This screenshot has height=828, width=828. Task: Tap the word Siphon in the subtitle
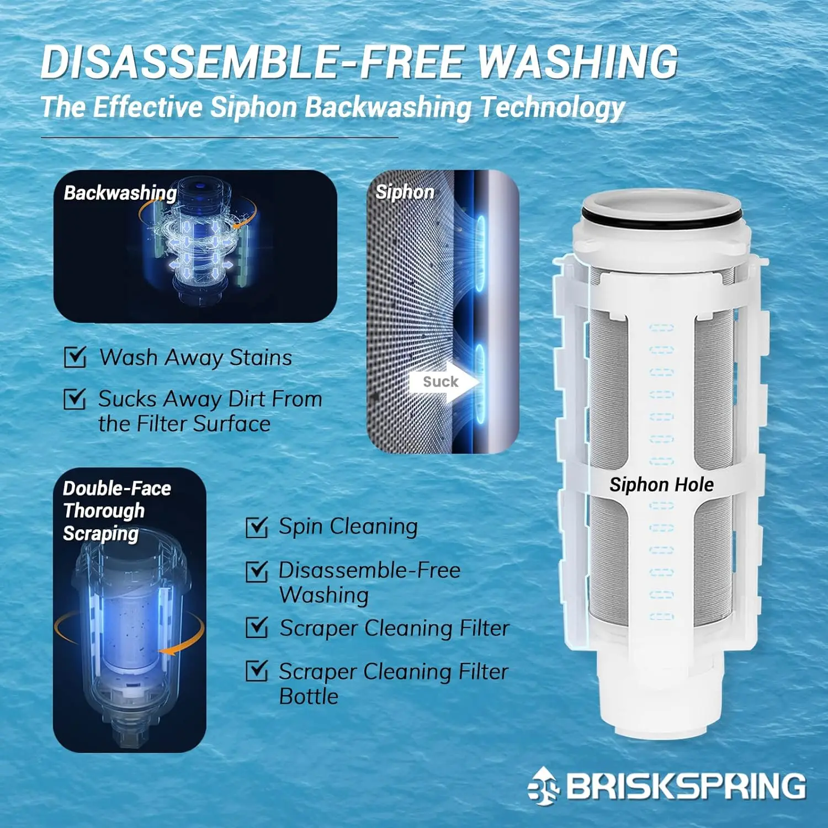click(x=254, y=107)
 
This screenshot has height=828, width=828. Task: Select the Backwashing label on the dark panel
click(x=120, y=193)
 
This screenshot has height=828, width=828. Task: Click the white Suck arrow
click(x=444, y=382)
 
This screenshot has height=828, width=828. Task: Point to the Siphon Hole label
click(x=661, y=485)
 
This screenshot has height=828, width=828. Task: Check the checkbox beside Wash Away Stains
click(x=75, y=357)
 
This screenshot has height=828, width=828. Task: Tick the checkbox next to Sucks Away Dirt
click(x=75, y=399)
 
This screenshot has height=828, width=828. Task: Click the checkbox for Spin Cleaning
click(x=257, y=527)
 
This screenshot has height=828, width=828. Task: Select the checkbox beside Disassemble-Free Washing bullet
click(x=257, y=571)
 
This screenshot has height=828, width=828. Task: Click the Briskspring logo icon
click(x=543, y=785)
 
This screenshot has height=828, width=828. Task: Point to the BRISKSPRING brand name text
click(x=686, y=786)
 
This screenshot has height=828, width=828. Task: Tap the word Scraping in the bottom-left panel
click(x=100, y=534)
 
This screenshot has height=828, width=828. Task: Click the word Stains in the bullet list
click(x=261, y=358)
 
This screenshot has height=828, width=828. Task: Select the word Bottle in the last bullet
click(x=309, y=697)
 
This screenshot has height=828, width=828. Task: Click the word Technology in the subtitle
click(x=552, y=108)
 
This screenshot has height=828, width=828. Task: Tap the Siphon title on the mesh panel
click(x=405, y=192)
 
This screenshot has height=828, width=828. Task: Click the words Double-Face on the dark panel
click(x=117, y=489)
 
